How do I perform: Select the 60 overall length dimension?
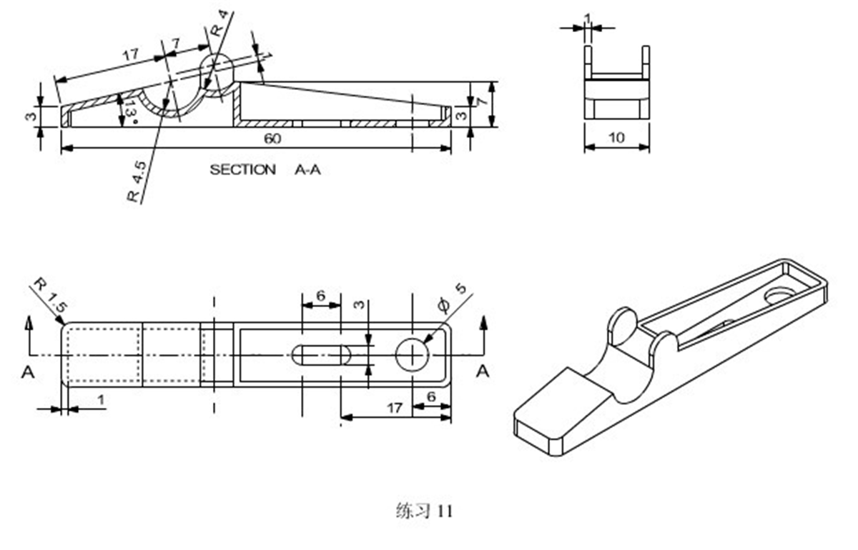272,139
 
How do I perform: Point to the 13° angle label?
129,110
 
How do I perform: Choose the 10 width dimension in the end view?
616,138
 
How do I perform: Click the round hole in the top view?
413,355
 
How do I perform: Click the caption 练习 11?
424,511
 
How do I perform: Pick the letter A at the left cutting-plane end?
28,371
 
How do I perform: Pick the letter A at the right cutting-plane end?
483,371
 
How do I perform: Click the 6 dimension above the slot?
320,296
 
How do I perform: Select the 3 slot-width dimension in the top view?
360,305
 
